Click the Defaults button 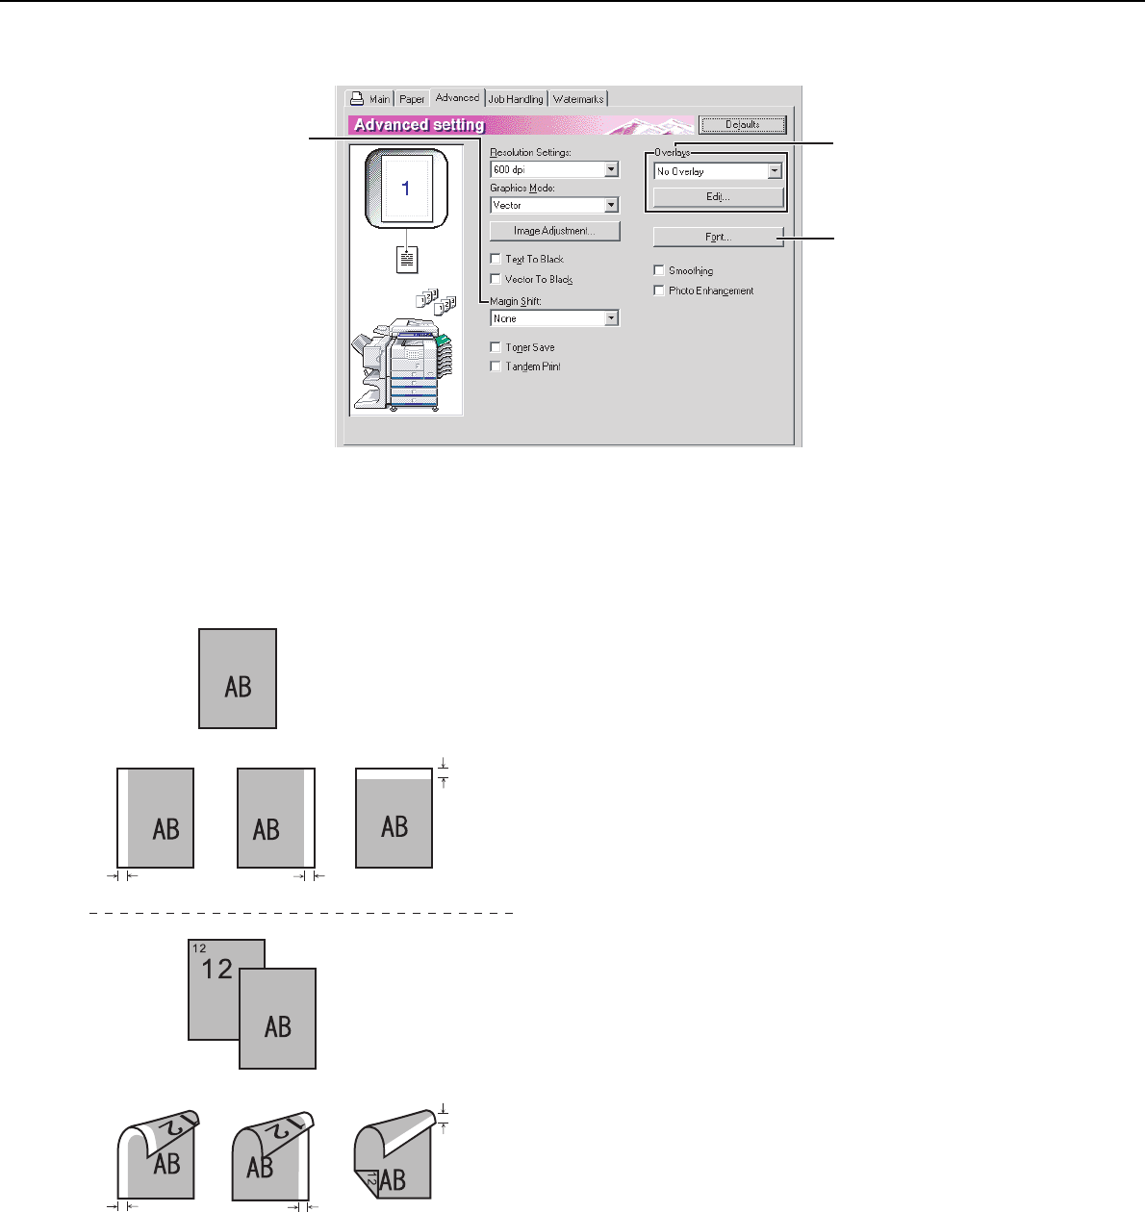(x=742, y=124)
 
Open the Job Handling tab (x=516, y=99)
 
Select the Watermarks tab (x=578, y=99)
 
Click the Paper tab (x=412, y=99)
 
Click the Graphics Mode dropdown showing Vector (x=554, y=206)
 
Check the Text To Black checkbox (x=496, y=259)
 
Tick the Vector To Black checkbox (x=496, y=279)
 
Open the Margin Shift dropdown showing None (x=554, y=318)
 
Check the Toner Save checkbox (x=496, y=347)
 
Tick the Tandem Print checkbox (x=496, y=366)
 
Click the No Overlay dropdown (x=717, y=171)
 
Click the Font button (x=718, y=237)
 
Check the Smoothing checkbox (x=659, y=270)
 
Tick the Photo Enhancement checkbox (x=659, y=290)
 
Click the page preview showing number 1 (x=406, y=189)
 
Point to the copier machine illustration (x=405, y=362)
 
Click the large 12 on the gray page (x=217, y=969)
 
